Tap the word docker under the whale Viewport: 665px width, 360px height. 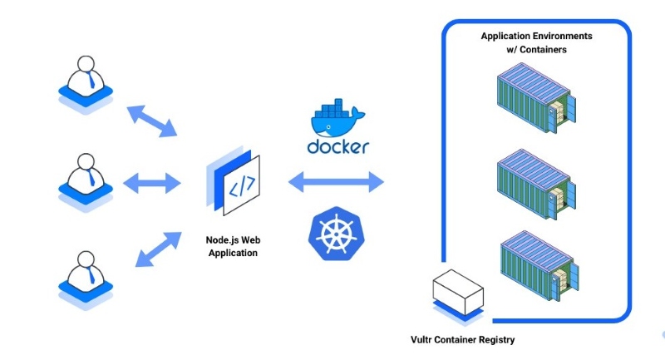(x=337, y=147)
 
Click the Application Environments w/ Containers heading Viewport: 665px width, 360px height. (x=535, y=43)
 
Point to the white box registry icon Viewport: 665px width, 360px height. (x=456, y=293)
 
